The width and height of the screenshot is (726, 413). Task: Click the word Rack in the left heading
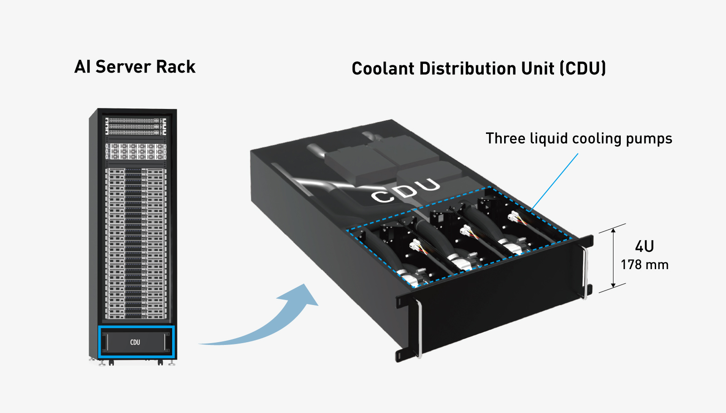point(176,67)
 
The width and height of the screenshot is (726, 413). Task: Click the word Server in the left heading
point(123,67)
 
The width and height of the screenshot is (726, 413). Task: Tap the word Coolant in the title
point(383,69)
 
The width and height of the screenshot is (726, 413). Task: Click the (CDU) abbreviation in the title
point(583,69)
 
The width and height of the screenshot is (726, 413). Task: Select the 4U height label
point(644,246)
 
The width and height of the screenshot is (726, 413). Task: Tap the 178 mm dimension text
point(644,265)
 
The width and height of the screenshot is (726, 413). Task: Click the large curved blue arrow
point(272,322)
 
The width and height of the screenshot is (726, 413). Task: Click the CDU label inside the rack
point(135,342)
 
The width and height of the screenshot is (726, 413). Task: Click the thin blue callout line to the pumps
point(554,182)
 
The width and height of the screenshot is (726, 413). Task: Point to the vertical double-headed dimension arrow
point(613,258)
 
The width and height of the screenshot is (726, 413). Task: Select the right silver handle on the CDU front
point(585,272)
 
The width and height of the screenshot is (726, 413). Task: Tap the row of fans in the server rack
point(136,151)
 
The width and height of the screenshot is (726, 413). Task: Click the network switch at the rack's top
point(136,126)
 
